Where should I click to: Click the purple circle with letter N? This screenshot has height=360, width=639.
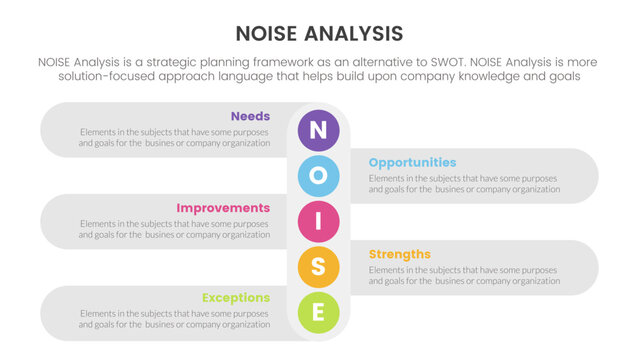click(319, 129)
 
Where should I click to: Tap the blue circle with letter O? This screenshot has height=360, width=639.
click(319, 175)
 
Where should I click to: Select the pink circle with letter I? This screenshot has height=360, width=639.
click(319, 221)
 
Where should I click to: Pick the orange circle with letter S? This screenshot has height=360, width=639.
click(319, 267)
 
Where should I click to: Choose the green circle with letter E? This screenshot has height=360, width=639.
click(319, 313)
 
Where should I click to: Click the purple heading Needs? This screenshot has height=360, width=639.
click(250, 116)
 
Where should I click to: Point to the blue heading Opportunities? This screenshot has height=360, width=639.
click(412, 162)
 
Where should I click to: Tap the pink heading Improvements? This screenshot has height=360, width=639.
click(223, 208)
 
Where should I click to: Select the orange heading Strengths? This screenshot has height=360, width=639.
click(399, 254)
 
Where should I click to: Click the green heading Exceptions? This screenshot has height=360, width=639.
click(235, 298)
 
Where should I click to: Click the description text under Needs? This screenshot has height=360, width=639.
click(174, 137)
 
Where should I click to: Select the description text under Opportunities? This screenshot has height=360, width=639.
click(464, 183)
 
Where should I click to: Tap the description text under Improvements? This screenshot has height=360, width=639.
click(174, 229)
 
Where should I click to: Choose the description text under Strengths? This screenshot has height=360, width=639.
click(464, 275)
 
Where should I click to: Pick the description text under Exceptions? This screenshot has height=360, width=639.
click(174, 320)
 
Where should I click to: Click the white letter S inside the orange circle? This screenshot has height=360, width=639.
click(319, 267)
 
